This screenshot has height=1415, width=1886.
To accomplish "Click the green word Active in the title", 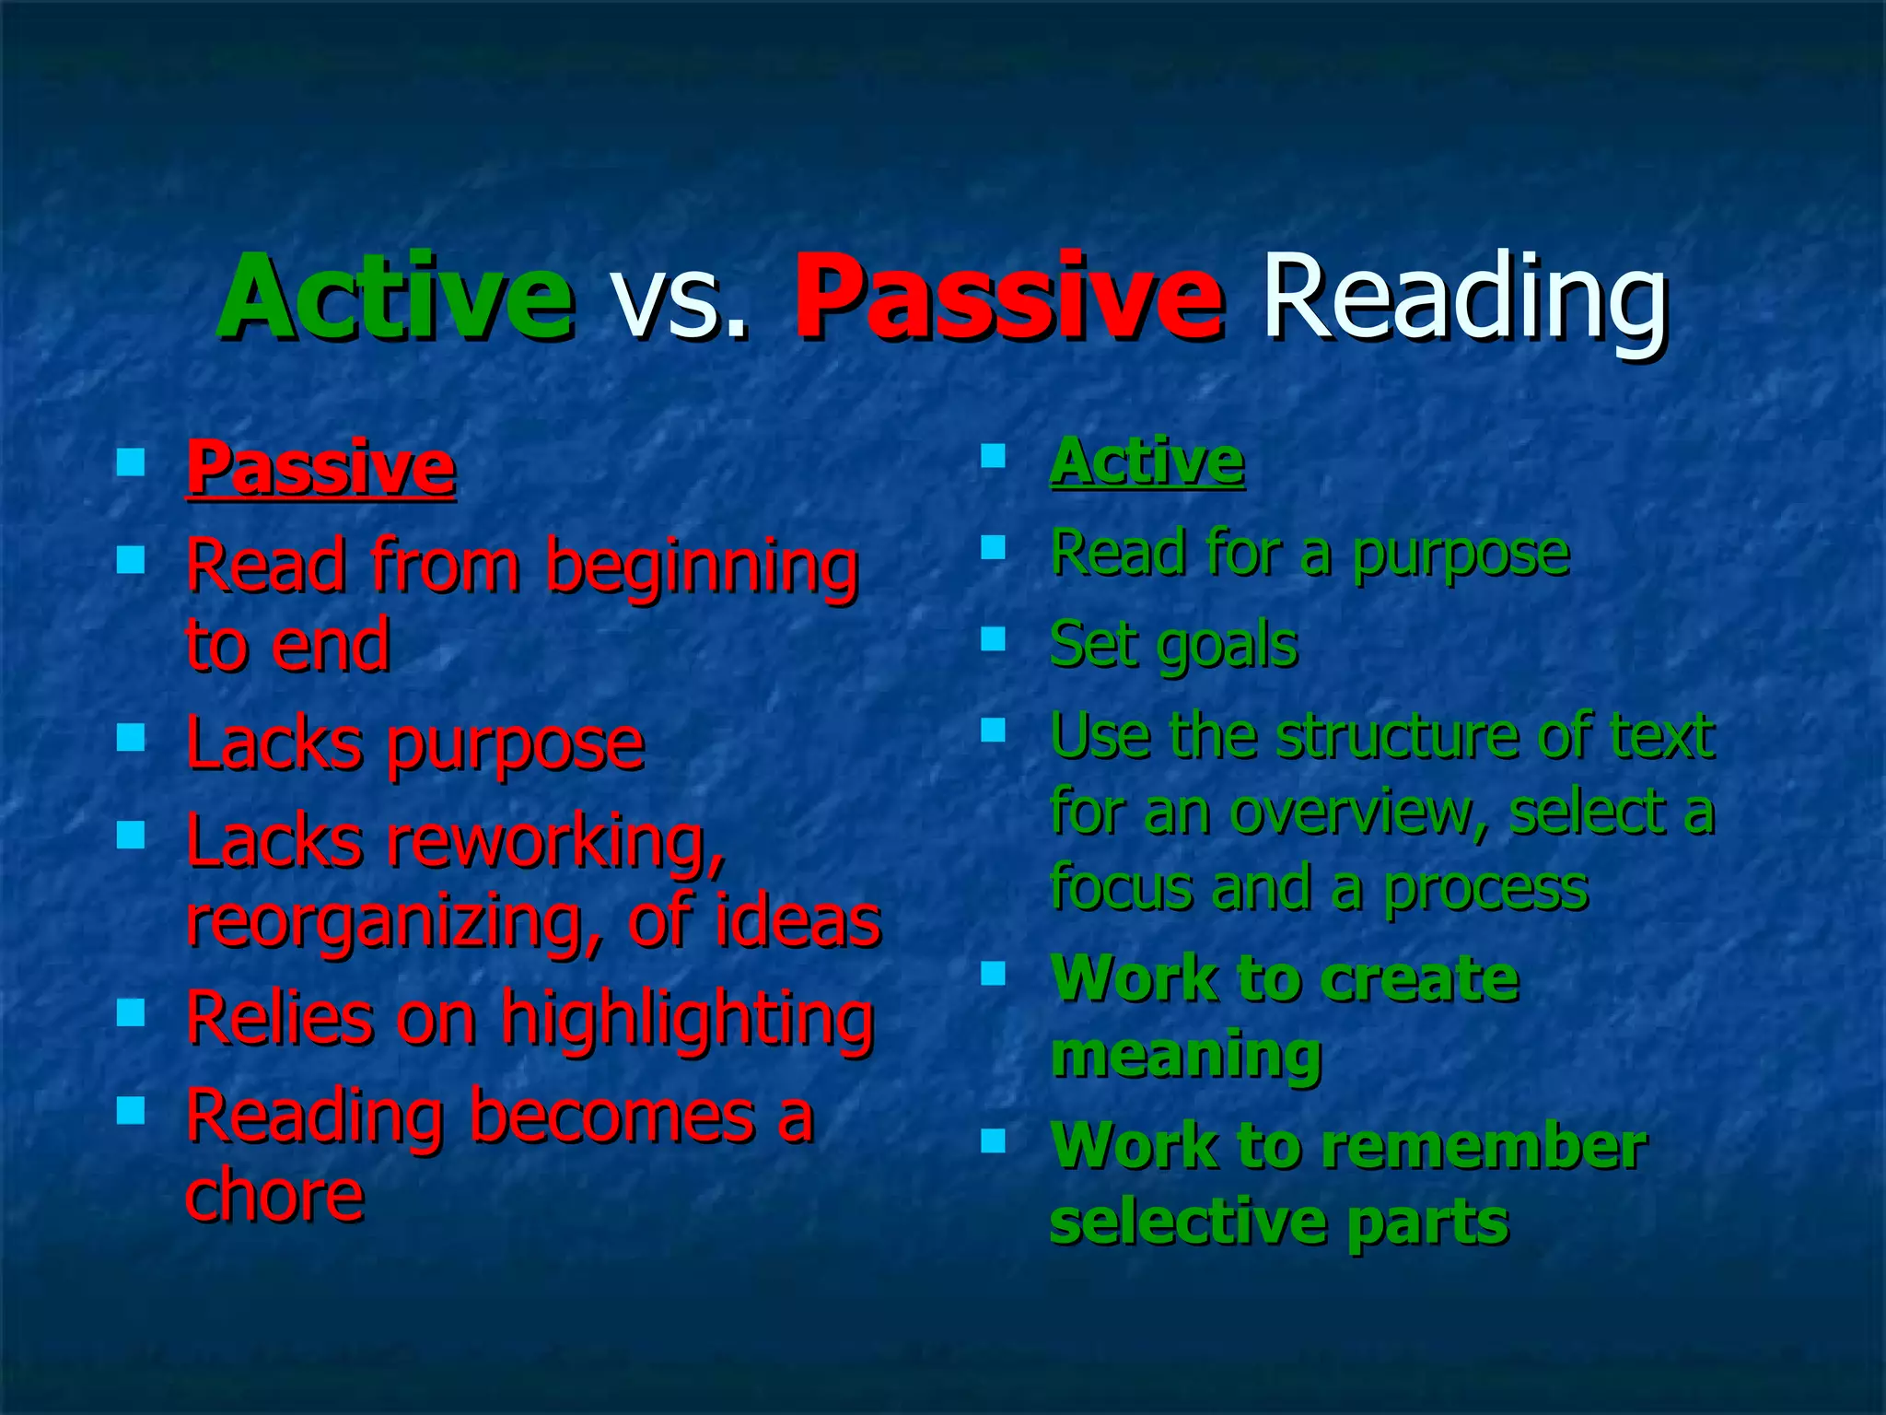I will point(396,297).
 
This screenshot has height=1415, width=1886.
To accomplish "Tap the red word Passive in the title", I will point(1008,297).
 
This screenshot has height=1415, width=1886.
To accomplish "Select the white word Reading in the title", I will point(1464,297).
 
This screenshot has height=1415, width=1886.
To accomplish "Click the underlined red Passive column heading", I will point(320,468).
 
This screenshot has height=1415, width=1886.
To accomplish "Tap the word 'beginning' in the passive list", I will point(702,568).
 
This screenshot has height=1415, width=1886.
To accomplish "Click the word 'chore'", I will point(274,1196).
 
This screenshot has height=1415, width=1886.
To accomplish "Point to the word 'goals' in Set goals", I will point(1227,647).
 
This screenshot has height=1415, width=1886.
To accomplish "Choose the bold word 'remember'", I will point(1484,1147).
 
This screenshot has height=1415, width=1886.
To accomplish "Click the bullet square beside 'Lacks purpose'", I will point(131,737).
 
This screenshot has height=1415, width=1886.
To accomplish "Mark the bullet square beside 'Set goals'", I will point(993,638).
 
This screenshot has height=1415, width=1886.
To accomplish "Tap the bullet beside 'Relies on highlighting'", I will point(131,1013).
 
